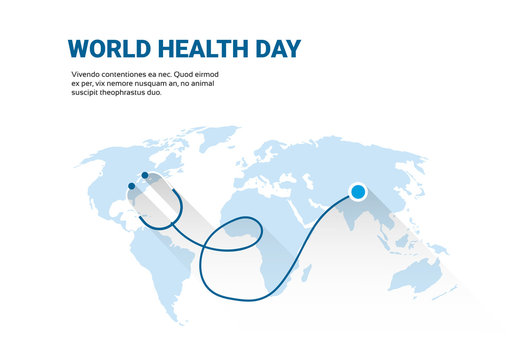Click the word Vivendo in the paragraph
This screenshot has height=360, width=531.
click(x=87, y=76)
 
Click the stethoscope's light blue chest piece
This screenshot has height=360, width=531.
click(x=358, y=191)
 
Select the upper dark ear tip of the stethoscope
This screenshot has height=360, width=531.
click(x=145, y=176)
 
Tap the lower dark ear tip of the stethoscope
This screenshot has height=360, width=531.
click(x=130, y=185)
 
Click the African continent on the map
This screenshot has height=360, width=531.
click(x=280, y=230)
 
